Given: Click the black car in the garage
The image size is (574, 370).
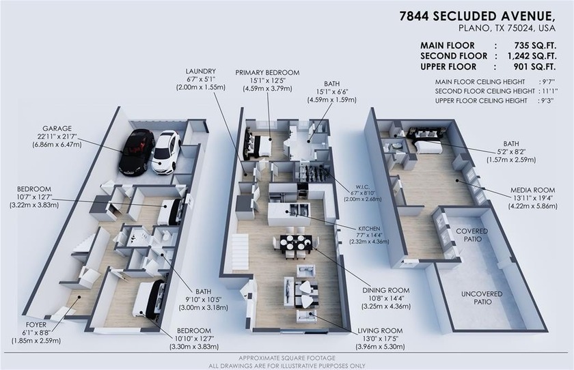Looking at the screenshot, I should pyautogui.click(x=136, y=152).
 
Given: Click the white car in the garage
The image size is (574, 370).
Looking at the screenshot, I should pyautogui.click(x=165, y=152).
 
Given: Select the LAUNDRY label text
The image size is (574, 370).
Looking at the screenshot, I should pyautogui.click(x=200, y=72).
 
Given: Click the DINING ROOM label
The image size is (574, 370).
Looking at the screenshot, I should pyautogui.click(x=385, y=289).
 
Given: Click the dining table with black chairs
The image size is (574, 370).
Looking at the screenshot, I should pyautogui.click(x=295, y=243).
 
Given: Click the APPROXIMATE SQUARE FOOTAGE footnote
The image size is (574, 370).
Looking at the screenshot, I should pyautogui.click(x=286, y=358).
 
